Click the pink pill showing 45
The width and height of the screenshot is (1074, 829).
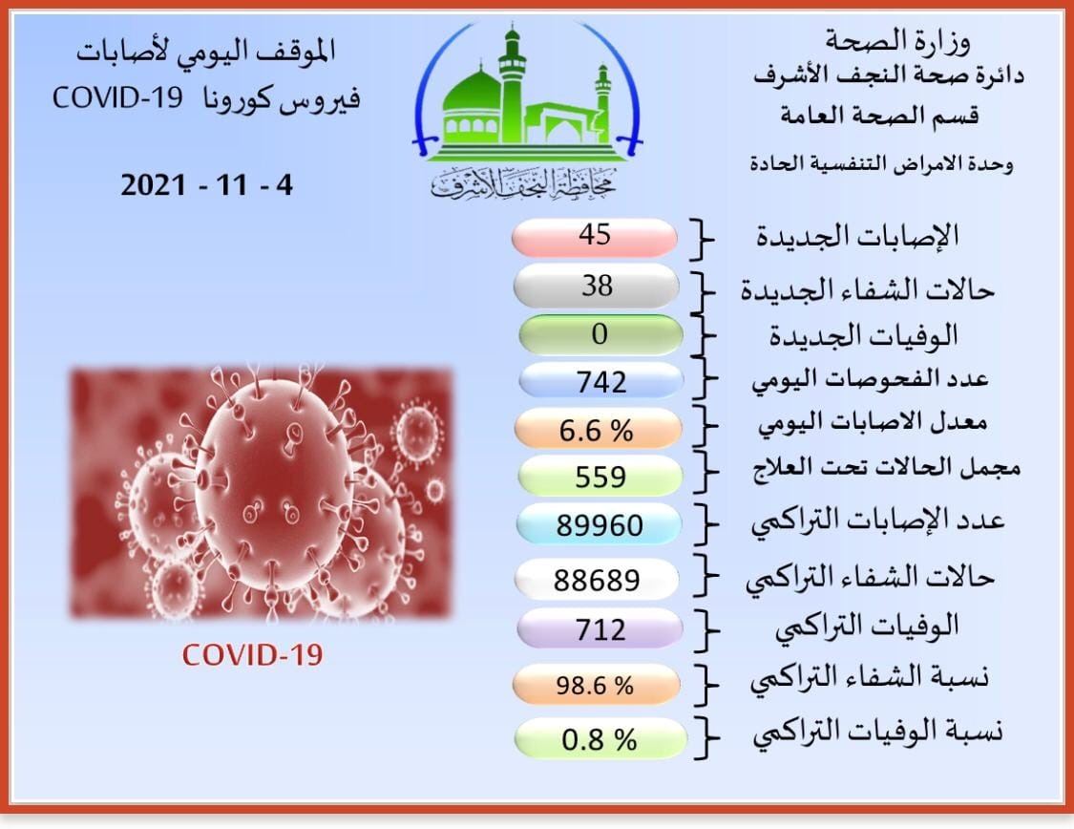coord(594,237)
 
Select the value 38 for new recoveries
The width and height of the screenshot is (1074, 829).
coord(596,286)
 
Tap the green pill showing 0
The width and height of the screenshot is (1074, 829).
coord(600,334)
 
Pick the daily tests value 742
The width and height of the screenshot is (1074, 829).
coord(600,381)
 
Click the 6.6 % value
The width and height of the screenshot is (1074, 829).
coord(598,430)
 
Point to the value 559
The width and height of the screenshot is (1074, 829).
coord(600,477)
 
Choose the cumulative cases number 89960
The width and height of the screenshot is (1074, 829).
coord(599,524)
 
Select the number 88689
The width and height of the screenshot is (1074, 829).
coord(597,580)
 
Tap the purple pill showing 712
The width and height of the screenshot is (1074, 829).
coord(600,629)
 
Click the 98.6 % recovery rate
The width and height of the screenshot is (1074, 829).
coord(596,685)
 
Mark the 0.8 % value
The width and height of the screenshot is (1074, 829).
coord(600,739)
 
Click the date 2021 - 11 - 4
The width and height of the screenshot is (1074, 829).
coord(207,185)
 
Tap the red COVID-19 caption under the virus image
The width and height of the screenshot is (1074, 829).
coord(252,655)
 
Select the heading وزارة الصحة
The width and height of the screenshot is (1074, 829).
coord(898,41)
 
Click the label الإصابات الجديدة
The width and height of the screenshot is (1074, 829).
coord(857,236)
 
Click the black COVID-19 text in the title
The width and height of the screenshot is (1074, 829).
coord(117,98)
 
